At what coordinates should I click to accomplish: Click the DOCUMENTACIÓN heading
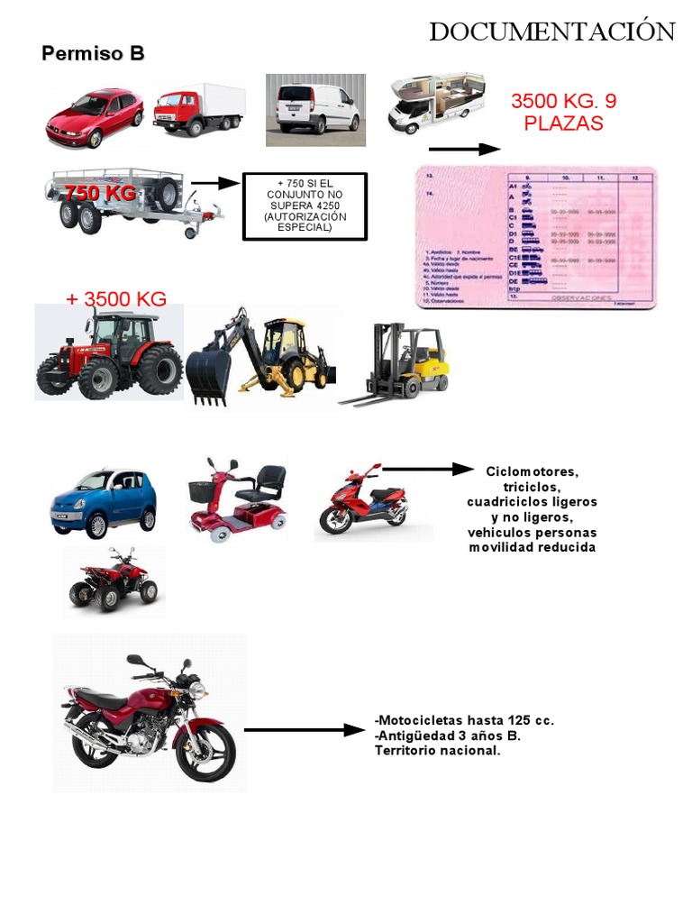pos(551,32)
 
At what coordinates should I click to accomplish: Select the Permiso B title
pos(93,54)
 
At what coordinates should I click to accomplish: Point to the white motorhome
pos(436,103)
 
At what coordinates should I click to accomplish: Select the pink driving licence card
pos(536,237)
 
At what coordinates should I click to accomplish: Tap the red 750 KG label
pos(99,193)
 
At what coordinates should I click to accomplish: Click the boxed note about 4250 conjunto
pos(305,206)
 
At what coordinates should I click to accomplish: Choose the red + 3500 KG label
pos(116,299)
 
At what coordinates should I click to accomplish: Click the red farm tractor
pos(110,355)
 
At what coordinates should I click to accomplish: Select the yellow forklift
pos(402,363)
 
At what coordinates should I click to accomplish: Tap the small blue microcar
pos(103,502)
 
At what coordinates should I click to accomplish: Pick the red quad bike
pos(114,580)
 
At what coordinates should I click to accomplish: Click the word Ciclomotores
pos(532,471)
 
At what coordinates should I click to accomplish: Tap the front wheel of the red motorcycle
pos(205,751)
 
